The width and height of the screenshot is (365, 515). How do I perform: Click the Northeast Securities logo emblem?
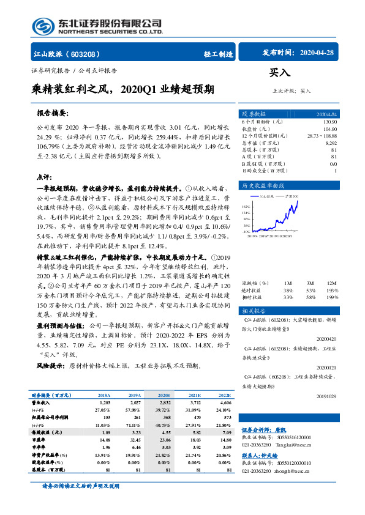click(x=42, y=26)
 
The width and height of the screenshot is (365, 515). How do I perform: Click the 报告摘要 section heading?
click(x=52, y=114)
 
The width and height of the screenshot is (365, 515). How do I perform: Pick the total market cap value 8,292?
click(x=330, y=143)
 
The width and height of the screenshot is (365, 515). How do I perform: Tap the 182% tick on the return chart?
click(x=246, y=207)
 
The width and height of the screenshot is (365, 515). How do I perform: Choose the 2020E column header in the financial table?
click(x=164, y=395)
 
